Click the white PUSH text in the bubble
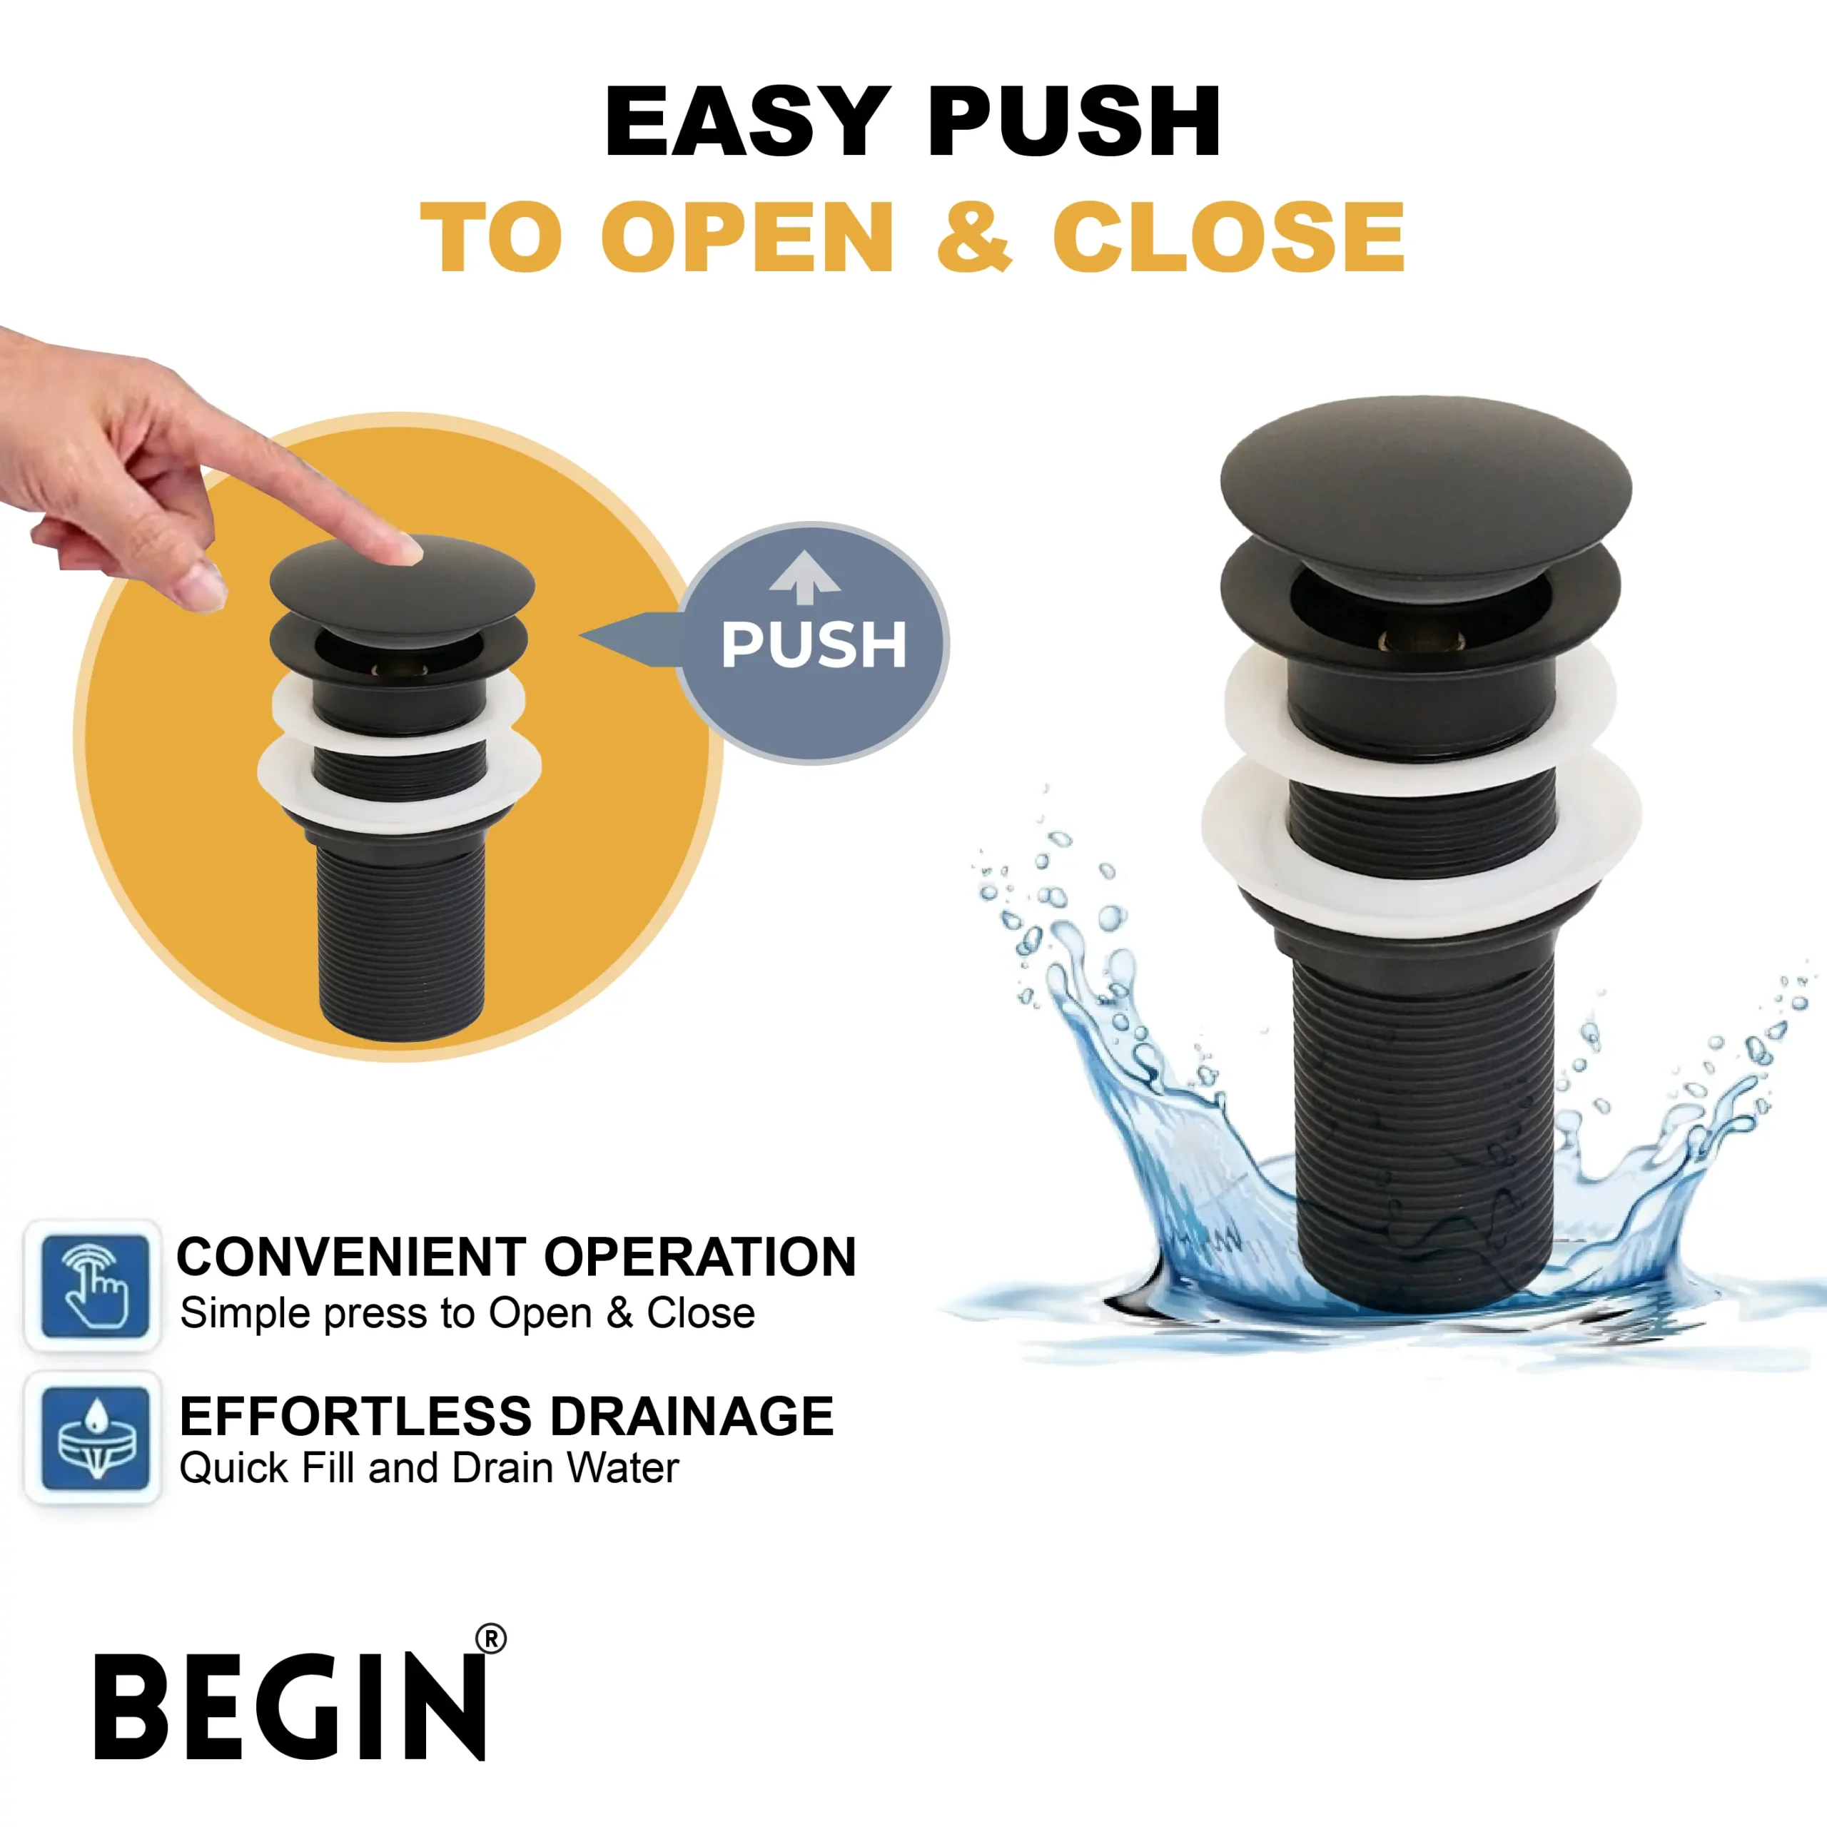point(814,645)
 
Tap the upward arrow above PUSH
point(805,577)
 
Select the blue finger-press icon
point(95,1285)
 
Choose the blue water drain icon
point(95,1438)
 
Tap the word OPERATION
point(700,1257)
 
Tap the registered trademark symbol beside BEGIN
point(491,1639)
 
